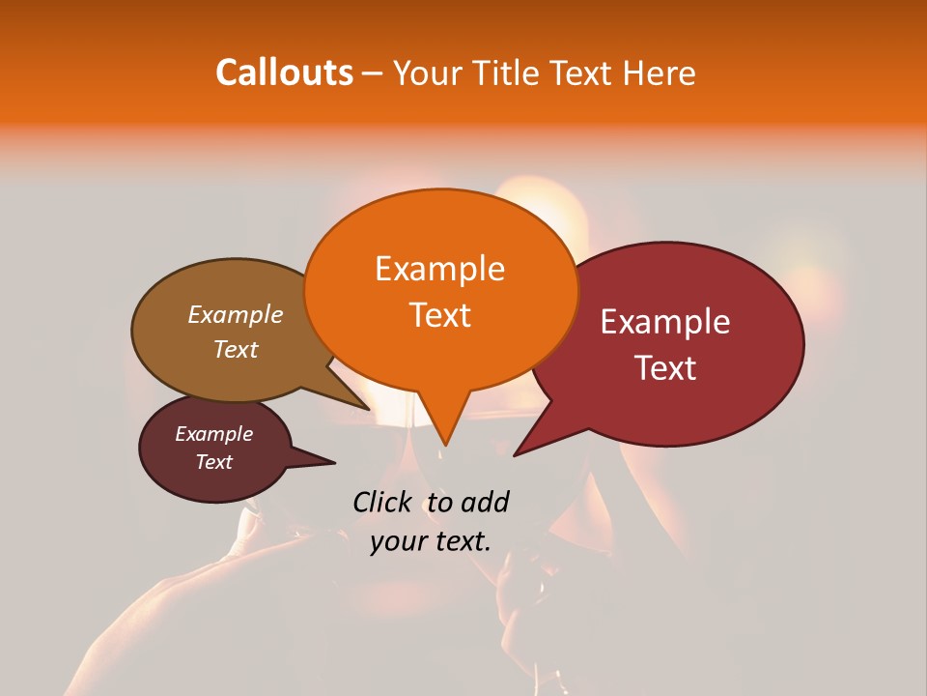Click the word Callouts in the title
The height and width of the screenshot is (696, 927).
tap(284, 72)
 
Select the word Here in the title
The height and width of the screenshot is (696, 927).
tap(657, 73)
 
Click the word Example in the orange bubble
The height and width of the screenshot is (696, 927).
tap(439, 268)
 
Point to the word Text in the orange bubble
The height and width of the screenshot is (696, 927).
tap(439, 315)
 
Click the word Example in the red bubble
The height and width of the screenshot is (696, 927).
tap(665, 322)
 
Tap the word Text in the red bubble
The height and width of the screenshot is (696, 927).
tap(665, 368)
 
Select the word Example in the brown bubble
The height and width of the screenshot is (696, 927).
tap(236, 314)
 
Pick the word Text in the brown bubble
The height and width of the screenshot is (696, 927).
tap(236, 349)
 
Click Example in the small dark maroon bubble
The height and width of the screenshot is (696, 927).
tap(214, 434)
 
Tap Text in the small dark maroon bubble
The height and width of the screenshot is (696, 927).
tap(214, 462)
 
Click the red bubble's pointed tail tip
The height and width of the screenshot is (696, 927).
tap(515, 454)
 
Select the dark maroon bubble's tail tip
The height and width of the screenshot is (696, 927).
tap(334, 462)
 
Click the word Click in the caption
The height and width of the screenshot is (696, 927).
tap(382, 502)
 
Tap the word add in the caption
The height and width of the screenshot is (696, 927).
tap(484, 502)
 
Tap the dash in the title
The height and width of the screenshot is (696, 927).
tap(373, 73)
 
